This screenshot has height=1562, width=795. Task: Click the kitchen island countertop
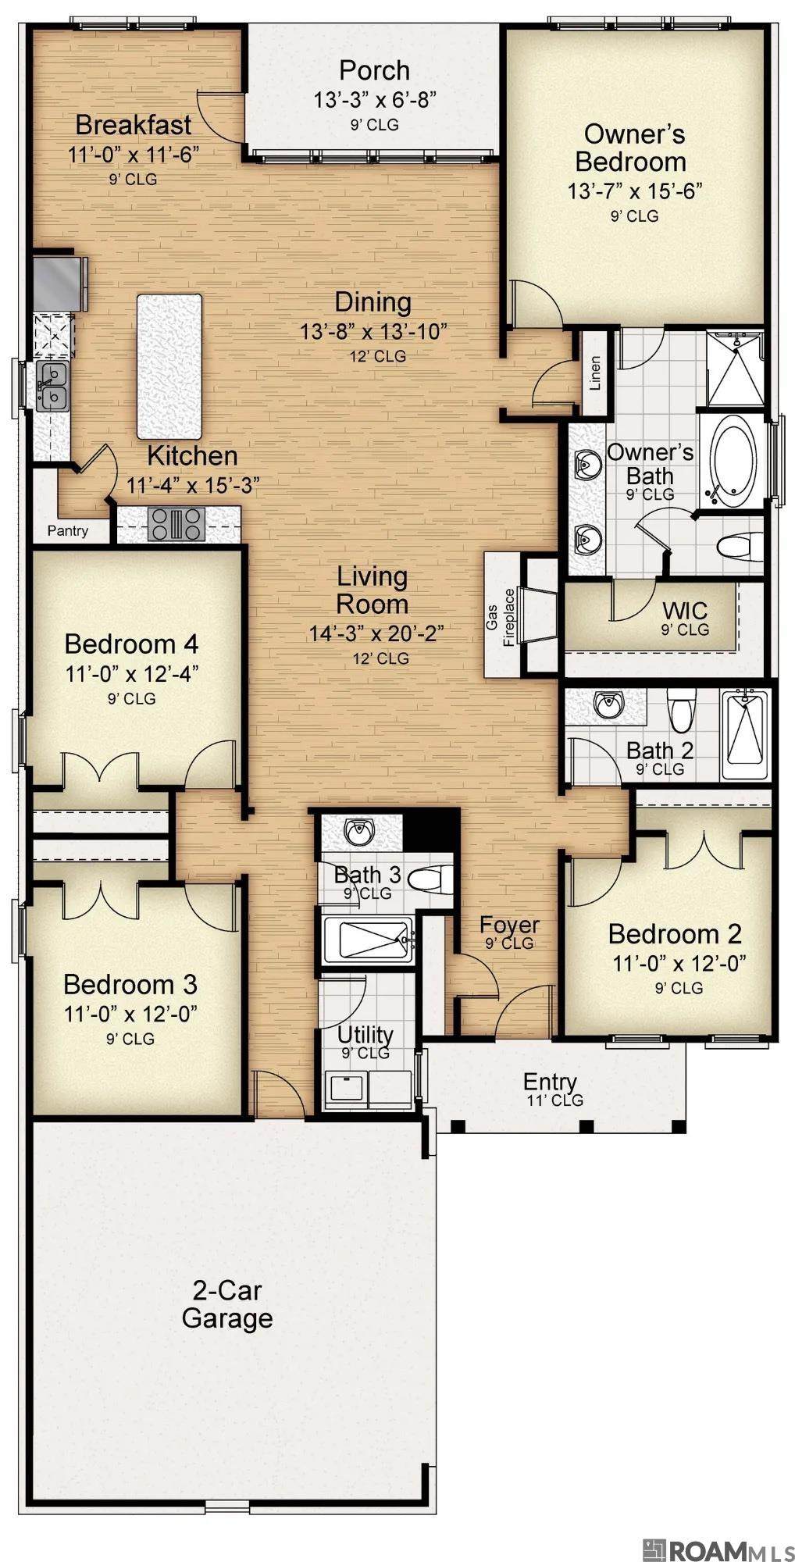pos(169,366)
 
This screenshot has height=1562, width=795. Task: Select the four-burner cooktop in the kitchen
pos(178,523)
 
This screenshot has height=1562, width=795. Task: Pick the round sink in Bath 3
pos(360,831)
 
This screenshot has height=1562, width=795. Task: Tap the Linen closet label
pos(595,373)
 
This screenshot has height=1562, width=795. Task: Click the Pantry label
pos(68,531)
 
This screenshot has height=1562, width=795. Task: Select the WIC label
pos(685,609)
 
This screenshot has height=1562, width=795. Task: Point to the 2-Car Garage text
pos(227,1303)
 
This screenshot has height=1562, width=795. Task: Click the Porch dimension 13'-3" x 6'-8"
pos(374,99)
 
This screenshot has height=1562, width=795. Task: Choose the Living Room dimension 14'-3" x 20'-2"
pos(376,633)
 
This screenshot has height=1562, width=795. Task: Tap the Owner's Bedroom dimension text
pos(636,190)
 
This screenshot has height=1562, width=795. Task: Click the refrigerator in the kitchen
pos(59,283)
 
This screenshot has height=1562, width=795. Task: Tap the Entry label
pos(550,1082)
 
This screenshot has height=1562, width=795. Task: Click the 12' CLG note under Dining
pos(378,356)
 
